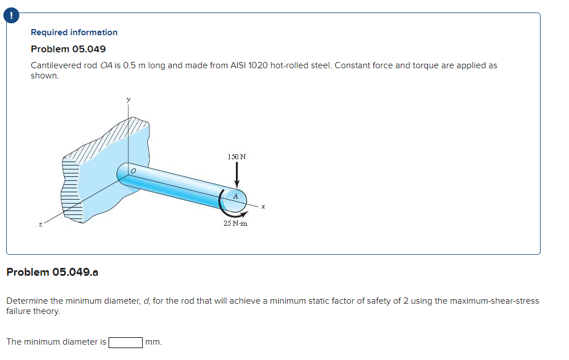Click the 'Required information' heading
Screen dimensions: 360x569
[x=74, y=32]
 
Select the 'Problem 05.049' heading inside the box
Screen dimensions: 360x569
[x=68, y=49]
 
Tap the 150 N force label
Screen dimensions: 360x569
[x=237, y=156]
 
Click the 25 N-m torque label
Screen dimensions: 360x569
[x=235, y=224]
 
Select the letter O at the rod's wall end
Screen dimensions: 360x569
[x=133, y=170]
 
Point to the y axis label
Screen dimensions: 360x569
[x=128, y=100]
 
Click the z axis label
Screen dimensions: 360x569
[x=40, y=226]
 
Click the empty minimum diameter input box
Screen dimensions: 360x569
[x=126, y=342]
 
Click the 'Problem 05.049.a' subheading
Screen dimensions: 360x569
[x=52, y=272]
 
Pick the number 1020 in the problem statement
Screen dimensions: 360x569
[x=258, y=65]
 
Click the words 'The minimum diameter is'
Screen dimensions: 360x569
[x=56, y=342]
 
